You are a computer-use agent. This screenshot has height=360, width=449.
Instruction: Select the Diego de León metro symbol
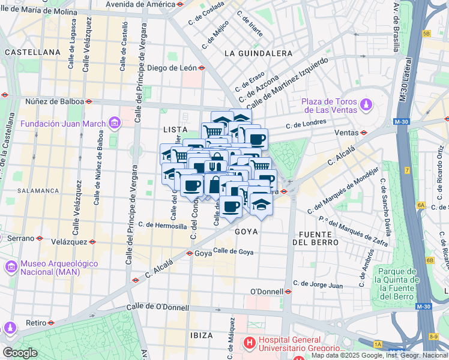pos(202,68)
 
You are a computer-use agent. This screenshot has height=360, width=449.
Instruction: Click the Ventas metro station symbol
pos(363,133)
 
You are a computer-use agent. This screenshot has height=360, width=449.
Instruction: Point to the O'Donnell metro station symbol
pos(288,292)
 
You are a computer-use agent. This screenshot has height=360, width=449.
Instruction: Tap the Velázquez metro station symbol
pos(92,242)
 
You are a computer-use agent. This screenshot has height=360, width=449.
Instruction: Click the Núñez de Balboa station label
pos(54,101)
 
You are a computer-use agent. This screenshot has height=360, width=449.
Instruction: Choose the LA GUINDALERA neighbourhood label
pos(258,53)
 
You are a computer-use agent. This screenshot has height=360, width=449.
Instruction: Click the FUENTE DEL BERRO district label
pos(315,237)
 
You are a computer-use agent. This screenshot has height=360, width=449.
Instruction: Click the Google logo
pos(19,353)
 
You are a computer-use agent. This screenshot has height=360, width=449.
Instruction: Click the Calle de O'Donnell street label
pos(157,308)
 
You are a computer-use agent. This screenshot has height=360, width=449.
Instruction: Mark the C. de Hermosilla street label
pos(162,225)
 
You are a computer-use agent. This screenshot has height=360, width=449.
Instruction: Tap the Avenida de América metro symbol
pos(180,4)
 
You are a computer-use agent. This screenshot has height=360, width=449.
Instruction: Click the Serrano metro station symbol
pos(40,238)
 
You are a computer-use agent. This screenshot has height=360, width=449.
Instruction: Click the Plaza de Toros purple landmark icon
pos(365,106)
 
